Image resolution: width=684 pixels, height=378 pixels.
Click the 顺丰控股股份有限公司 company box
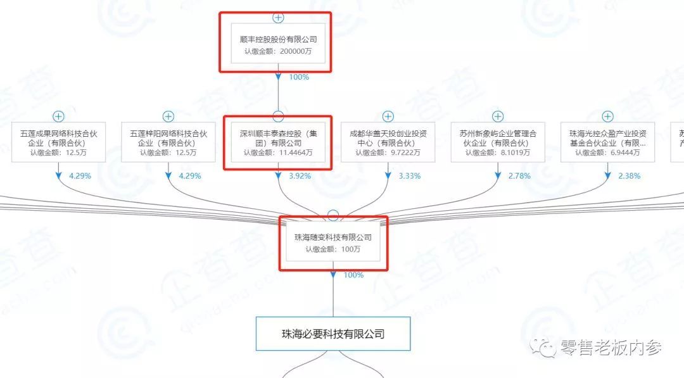click(278, 44)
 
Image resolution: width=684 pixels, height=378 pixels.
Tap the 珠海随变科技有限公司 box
click(333, 243)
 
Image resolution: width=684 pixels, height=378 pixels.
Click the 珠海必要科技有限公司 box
click(333, 334)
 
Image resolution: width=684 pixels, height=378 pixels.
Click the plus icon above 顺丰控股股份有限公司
click(278, 17)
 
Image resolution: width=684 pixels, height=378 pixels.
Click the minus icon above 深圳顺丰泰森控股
click(278, 117)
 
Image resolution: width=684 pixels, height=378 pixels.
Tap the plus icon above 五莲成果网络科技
click(58, 117)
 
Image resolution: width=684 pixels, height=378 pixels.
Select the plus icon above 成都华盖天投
click(388, 117)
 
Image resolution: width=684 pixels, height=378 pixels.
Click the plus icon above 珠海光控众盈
click(607, 117)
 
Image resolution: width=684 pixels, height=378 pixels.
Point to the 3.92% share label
click(300, 176)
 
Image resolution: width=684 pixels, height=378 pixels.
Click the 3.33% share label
click(410, 176)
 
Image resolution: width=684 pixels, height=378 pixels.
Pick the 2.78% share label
click(520, 176)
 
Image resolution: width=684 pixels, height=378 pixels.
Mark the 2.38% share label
click(630, 176)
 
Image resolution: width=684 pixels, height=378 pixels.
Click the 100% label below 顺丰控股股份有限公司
click(299, 77)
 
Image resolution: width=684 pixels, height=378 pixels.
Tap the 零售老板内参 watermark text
click(611, 348)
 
